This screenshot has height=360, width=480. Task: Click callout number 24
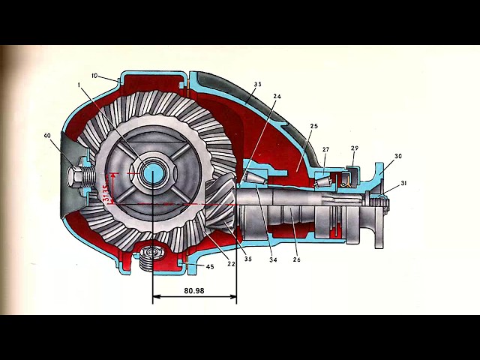coord(277,97)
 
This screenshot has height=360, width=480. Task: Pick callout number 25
coord(313,127)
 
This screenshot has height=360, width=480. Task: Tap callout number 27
coord(326,149)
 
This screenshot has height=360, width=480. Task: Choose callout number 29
coord(354,148)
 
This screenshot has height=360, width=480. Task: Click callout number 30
coord(398,156)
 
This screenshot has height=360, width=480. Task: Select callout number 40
coord(47,136)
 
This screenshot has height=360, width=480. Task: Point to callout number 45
coord(209,266)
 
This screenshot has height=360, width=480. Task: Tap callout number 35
coord(247,259)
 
